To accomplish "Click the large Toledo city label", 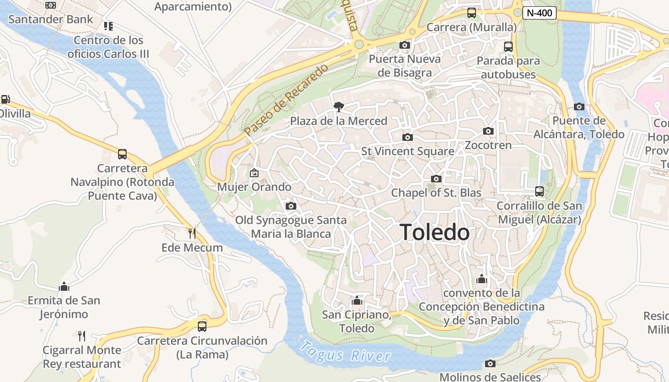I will (434, 233).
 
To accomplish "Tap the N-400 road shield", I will (539, 13).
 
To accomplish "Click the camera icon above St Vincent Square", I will (407, 138).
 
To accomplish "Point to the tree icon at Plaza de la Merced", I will (339, 106).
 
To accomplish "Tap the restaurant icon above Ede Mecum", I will (192, 233).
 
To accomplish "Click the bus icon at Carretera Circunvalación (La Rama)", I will (202, 327).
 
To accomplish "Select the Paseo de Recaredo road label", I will (286, 100).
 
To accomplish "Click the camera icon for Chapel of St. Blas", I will (436, 179).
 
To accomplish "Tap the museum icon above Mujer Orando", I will (254, 173).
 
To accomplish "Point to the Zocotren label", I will (488, 145).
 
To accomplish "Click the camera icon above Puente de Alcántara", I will (579, 106).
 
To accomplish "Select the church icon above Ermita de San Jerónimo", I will (64, 286).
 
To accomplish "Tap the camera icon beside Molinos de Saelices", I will (490, 364).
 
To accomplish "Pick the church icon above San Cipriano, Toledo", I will (356, 300).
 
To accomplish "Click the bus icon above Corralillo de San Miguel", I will (540, 191).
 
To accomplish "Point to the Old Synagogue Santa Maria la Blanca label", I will (291, 227).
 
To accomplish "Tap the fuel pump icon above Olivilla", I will (5, 99).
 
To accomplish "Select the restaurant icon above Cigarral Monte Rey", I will (82, 336).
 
